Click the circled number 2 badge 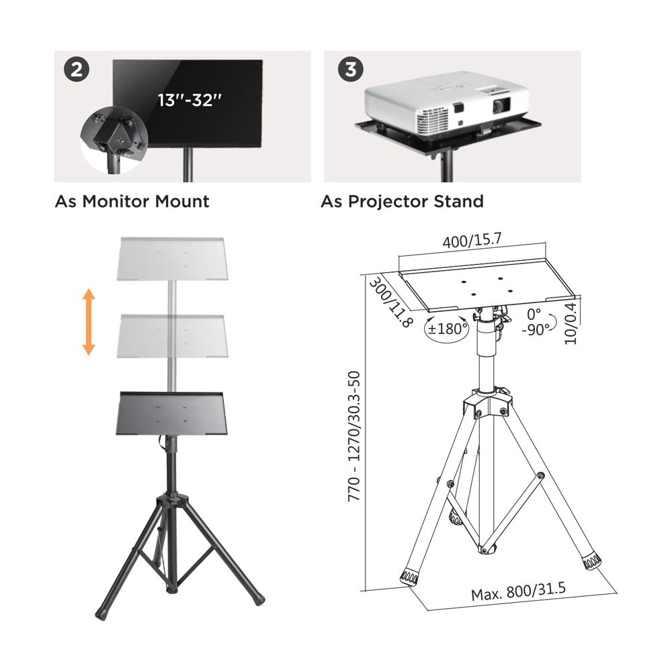pos(77,69)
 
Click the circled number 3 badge pos(351,69)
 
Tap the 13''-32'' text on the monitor pos(190,100)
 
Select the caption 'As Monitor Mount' pos(132,201)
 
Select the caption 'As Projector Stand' pos(402,201)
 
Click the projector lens pos(501,106)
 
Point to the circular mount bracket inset pos(114,140)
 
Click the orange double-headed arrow pos(88,322)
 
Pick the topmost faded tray pos(172,259)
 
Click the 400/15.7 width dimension pos(472,241)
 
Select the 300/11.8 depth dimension pos(390,302)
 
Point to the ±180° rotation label pos(448,329)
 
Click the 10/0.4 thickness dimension pos(571,324)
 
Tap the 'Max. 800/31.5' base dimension pos(518,592)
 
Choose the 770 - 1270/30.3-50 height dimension pos(354,436)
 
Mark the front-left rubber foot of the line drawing pos(409,579)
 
